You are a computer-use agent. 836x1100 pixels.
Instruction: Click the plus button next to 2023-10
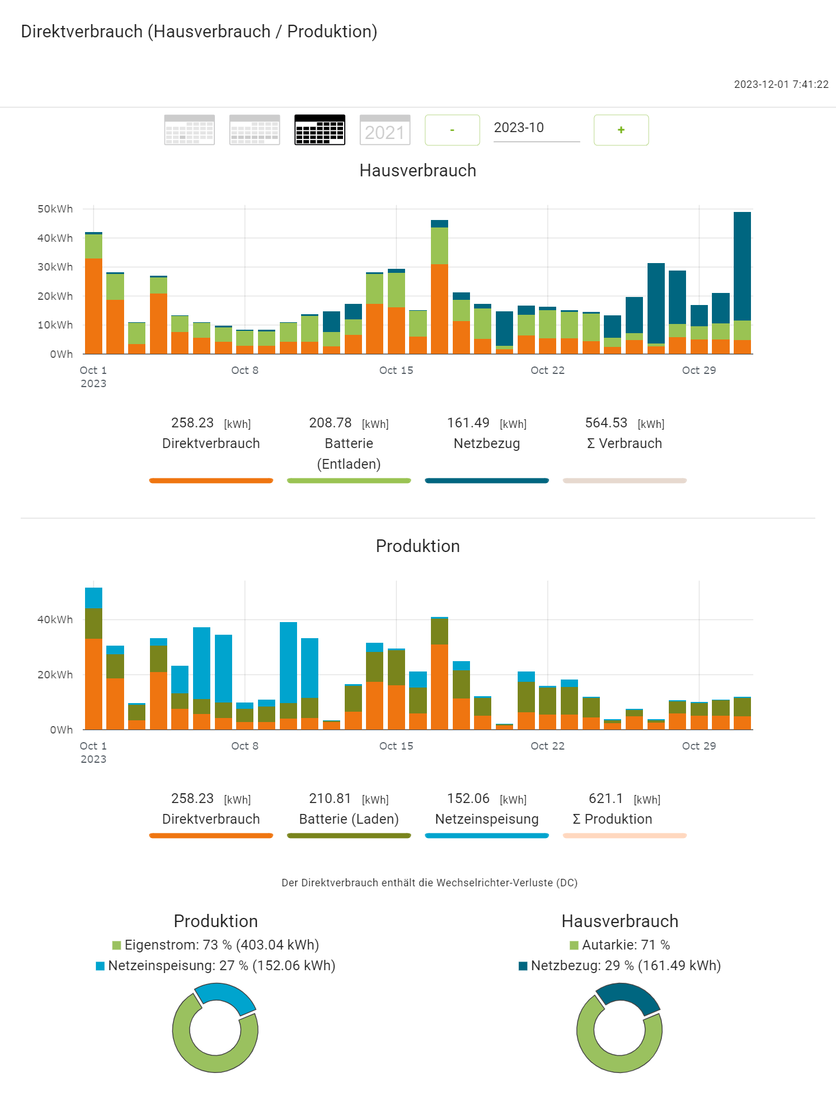point(621,130)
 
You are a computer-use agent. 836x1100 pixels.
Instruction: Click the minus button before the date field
point(452,130)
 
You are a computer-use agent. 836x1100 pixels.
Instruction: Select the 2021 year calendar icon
point(384,130)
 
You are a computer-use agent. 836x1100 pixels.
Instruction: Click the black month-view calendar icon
point(319,130)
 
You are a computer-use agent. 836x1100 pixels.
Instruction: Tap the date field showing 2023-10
point(536,128)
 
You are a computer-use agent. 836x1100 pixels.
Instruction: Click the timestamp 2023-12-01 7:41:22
point(781,84)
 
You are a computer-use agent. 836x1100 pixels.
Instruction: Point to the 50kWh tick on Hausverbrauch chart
point(55,209)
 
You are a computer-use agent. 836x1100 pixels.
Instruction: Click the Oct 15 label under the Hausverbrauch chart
point(396,370)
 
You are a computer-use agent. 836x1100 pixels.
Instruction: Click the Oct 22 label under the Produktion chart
point(547,746)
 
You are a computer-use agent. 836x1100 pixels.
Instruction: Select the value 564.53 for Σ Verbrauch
point(606,423)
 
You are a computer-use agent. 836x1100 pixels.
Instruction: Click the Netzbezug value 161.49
point(468,423)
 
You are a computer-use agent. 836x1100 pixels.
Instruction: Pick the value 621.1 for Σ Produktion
point(606,798)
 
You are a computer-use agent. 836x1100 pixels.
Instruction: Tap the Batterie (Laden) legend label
point(349,819)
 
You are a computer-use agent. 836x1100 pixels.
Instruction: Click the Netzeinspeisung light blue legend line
point(487,836)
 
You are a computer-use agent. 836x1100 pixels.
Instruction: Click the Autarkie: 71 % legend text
point(625,945)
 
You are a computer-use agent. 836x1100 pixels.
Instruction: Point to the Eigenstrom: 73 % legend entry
point(221,945)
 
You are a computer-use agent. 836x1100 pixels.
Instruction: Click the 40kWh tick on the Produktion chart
point(55,620)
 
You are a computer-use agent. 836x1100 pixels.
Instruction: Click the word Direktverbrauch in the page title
point(82,32)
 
